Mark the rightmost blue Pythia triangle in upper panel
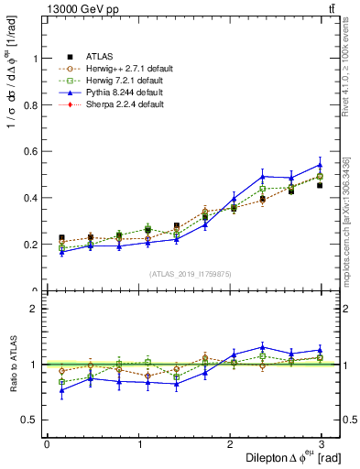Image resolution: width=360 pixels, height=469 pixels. [320, 165]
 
